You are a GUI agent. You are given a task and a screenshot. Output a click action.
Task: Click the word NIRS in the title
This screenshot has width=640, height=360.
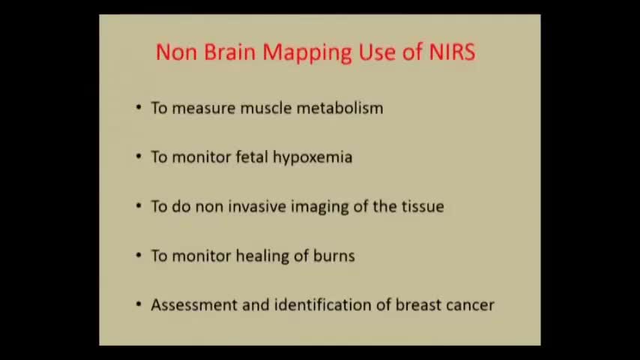click(x=452, y=52)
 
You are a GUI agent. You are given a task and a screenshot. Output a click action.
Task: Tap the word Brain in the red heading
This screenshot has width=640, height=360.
click(x=229, y=52)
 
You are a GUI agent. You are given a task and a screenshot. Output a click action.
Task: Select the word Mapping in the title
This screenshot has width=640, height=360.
click(x=307, y=53)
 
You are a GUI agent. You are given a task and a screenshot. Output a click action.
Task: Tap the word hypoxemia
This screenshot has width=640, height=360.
click(x=313, y=158)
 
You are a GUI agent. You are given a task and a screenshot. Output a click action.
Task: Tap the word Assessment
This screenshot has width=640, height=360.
click(x=193, y=304)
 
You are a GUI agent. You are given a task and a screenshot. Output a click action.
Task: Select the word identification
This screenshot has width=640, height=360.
click(x=322, y=304)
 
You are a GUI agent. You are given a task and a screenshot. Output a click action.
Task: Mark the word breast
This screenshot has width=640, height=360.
click(x=417, y=304)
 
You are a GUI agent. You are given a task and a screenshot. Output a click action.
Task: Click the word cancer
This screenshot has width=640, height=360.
click(x=470, y=306)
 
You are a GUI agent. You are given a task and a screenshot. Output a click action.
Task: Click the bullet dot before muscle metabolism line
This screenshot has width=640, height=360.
click(x=139, y=107)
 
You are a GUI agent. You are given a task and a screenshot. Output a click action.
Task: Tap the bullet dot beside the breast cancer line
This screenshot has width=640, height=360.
click(x=139, y=304)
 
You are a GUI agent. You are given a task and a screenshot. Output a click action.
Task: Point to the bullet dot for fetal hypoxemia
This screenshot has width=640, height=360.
click(x=139, y=156)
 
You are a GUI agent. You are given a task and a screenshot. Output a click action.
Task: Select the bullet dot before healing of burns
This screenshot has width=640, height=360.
click(x=139, y=255)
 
